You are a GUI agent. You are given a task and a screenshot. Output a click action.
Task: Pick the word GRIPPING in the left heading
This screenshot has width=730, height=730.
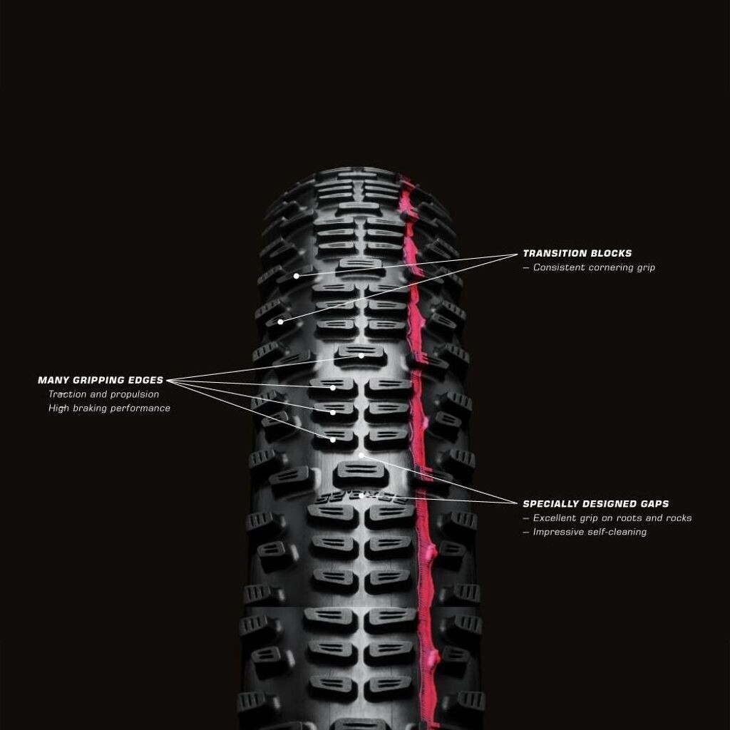click(100, 381)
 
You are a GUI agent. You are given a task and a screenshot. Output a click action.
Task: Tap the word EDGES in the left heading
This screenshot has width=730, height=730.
click(147, 381)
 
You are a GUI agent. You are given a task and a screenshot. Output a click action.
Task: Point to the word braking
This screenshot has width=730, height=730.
click(92, 408)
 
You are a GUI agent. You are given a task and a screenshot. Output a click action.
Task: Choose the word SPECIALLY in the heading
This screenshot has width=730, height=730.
click(552, 504)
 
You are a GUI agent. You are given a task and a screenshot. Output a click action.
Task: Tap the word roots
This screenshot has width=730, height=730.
click(628, 518)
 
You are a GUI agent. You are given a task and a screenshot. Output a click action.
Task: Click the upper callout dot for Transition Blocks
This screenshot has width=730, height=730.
click(296, 276)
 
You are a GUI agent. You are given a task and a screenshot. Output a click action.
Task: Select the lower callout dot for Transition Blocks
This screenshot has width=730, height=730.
click(280, 322)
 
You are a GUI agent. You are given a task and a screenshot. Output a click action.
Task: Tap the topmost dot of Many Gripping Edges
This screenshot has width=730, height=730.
click(361, 356)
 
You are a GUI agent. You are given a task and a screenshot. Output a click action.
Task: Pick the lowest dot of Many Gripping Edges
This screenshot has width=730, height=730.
click(333, 440)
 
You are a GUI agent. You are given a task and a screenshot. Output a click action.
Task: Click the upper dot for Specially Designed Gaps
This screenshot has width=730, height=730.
click(361, 454)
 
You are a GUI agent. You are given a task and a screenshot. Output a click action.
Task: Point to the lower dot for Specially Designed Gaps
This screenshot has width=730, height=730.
click(361, 495)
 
